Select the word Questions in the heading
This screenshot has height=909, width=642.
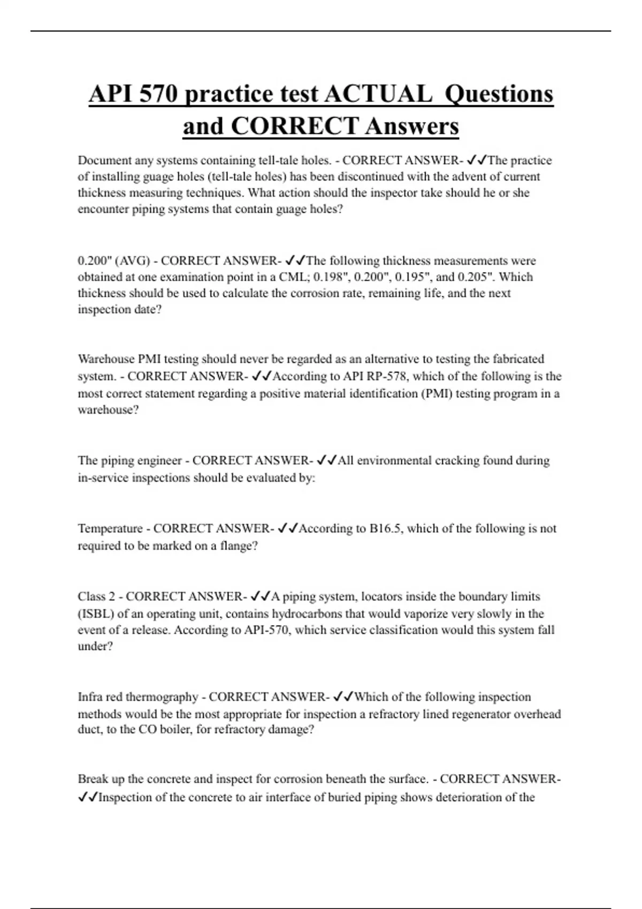pos(499,94)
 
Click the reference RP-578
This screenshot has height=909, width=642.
pos(382,376)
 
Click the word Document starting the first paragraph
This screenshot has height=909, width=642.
pos(104,160)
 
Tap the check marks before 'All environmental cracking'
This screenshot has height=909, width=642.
pos(326,460)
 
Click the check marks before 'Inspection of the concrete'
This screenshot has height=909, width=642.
pos(88,797)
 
